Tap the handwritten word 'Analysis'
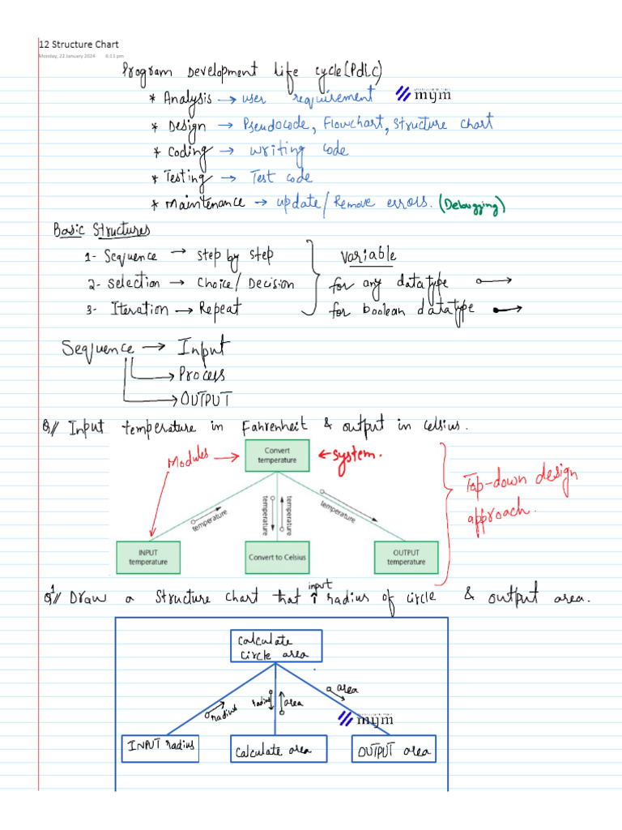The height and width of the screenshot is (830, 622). pos(187,99)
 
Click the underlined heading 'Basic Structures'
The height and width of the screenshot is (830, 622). pos(102,231)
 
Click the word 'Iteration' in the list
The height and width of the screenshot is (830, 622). pos(138,309)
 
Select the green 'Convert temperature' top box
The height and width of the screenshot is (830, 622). pos(277,455)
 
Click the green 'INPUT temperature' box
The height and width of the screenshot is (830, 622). pos(149,557)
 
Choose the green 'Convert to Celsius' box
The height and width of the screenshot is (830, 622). pos(277,557)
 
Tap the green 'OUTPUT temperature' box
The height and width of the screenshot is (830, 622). pos(406,557)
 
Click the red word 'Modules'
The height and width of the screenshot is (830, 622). pos(189,460)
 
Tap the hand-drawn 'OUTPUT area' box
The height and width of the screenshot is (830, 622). pos(392,751)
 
